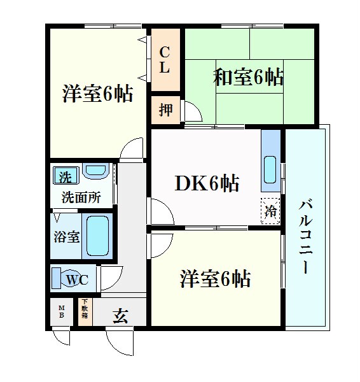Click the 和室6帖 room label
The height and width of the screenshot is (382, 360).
(x=247, y=77)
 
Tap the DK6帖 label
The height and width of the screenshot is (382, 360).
(x=207, y=184)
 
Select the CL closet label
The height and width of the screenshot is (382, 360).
(x=164, y=59)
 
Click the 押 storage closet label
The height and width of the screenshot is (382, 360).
(x=165, y=110)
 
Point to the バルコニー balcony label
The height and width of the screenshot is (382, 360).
(x=306, y=235)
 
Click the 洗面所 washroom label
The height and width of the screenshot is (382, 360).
(x=81, y=197)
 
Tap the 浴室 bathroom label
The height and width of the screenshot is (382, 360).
(x=66, y=237)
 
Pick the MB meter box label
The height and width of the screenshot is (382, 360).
(x=62, y=312)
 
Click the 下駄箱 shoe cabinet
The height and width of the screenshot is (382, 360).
(x=84, y=311)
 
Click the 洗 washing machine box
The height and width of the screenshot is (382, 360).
(x=66, y=174)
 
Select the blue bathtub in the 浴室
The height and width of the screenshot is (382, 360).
(x=98, y=236)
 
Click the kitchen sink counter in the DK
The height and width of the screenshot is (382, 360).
(x=270, y=162)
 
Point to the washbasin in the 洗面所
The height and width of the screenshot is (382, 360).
(x=96, y=172)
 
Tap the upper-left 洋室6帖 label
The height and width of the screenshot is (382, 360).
(x=97, y=95)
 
